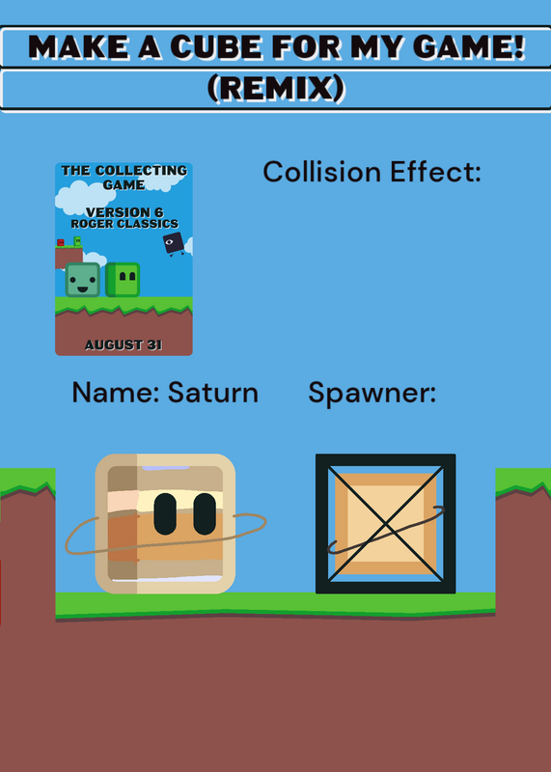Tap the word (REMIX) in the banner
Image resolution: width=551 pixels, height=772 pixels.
[x=276, y=89]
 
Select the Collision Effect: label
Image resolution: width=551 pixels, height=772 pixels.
[x=372, y=172]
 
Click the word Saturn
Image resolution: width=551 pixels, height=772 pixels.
[x=213, y=393]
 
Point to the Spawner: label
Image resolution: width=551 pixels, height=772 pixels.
[x=372, y=394]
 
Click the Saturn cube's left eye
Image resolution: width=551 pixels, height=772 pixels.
[x=165, y=514]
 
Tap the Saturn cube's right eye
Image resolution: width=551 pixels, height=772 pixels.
[x=205, y=514]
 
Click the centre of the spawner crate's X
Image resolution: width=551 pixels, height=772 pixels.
[x=386, y=524]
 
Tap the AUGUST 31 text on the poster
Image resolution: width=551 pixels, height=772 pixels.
[x=124, y=345]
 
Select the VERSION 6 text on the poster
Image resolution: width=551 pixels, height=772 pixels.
[x=124, y=212]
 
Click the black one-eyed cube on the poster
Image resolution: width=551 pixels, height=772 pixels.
[x=174, y=243]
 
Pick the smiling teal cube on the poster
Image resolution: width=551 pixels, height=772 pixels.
[x=83, y=280]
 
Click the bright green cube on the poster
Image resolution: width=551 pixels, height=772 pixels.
[x=123, y=280]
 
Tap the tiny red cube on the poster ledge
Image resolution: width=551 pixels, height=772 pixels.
[x=61, y=242]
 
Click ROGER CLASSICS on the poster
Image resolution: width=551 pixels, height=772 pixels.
[x=124, y=224]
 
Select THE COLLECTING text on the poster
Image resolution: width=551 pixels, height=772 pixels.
[x=124, y=171]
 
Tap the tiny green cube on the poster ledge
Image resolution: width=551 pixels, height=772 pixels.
[x=77, y=240]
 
